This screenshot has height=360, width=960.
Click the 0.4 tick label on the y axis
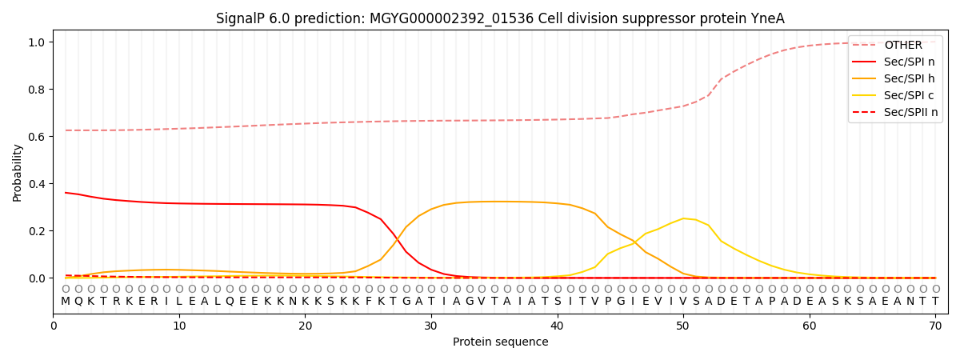coord(38,184)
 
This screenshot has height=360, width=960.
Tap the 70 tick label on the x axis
coord(935,326)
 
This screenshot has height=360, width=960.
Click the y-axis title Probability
coord(18,172)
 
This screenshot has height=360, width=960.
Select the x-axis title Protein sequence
coord(500,342)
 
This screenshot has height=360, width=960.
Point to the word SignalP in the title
coord(238,18)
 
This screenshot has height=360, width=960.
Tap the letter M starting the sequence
coord(66,302)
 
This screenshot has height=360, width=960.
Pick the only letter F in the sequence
coord(368,302)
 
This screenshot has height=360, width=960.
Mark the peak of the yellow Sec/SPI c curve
coord(682,218)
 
